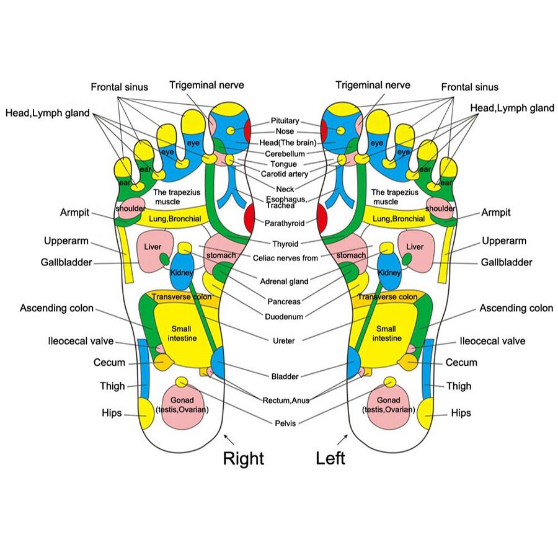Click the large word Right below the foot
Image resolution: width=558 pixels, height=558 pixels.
pos(243,459)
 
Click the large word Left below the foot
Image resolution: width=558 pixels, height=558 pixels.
pos(330,459)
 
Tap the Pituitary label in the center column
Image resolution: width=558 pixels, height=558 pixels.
pos(285,121)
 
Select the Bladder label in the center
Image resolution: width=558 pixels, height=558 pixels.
pos(285,376)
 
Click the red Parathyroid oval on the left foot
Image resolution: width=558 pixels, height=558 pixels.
pos(322,217)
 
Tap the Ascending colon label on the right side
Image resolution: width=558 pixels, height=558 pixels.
pos(516,308)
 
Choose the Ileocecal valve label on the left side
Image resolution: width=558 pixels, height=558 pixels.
pos(81,341)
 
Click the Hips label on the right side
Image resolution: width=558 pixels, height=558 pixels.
pos(461,413)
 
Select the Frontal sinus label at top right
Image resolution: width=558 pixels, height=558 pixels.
pos(469,87)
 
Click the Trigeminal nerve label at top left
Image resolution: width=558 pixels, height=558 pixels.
pos(206,85)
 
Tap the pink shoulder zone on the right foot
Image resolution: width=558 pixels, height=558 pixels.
pos(131,207)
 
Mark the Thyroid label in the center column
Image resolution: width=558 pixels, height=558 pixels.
pos(286,244)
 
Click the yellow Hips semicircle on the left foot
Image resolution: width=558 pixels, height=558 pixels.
pos(425,414)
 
